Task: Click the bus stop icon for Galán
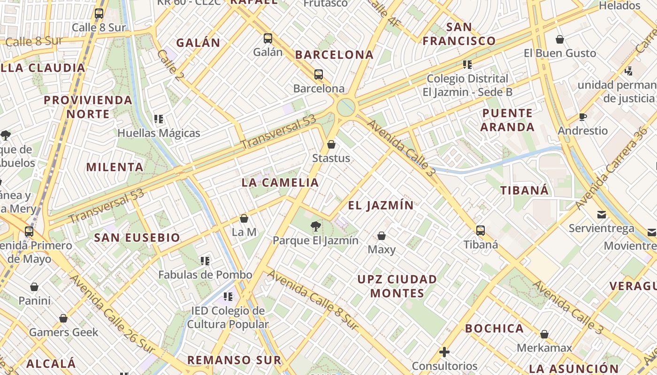(268, 38)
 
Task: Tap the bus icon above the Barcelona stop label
(319, 75)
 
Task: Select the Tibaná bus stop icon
(480, 231)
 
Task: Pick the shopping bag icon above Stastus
(331, 144)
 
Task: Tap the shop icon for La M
(244, 218)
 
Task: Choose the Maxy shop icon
(382, 236)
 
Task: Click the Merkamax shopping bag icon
(544, 335)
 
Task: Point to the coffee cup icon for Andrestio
(583, 117)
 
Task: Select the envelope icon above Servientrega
(601, 215)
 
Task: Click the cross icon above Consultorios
(444, 352)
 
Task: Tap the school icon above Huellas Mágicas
(159, 119)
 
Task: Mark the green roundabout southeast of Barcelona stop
(346, 107)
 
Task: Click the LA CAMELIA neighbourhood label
(280, 183)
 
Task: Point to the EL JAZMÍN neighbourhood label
(381, 205)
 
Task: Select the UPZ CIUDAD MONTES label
(397, 286)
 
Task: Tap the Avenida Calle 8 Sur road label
(313, 300)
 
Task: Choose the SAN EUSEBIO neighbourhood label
(137, 238)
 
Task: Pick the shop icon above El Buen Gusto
(559, 39)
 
